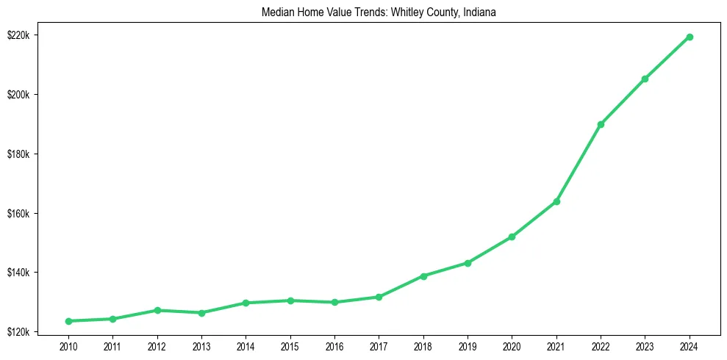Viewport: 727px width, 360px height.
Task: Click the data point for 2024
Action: pos(690,37)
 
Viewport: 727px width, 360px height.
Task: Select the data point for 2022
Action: pos(601,124)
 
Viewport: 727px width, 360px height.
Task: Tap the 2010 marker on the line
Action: pos(68,321)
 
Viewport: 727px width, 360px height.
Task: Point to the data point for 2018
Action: pos(423,276)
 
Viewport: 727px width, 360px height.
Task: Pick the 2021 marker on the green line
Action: pos(556,201)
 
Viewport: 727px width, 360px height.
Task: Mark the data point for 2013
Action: pos(201,313)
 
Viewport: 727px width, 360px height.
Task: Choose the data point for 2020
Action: pos(512,237)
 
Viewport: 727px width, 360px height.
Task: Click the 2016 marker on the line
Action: pos(334,302)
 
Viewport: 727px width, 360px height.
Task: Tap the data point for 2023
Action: pos(645,79)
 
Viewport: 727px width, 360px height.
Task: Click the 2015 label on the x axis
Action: pos(290,345)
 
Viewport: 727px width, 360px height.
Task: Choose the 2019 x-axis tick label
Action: pos(468,345)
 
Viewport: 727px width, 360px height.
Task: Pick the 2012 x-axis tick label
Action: pos(157,345)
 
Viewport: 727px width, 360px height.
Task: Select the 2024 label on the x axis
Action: pos(690,345)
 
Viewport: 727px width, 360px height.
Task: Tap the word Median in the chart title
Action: pos(277,12)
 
